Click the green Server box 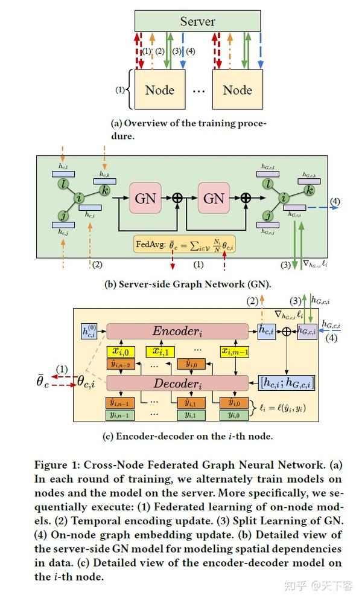coord(197,21)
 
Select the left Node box coord(159,90)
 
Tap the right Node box coord(237,90)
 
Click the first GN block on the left coord(145,198)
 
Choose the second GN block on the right coord(214,198)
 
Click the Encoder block coord(177,330)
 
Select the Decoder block coord(177,382)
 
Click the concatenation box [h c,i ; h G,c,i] coord(287,382)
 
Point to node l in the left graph coord(63,182)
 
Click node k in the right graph coord(310,189)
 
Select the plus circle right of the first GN coord(177,198)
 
